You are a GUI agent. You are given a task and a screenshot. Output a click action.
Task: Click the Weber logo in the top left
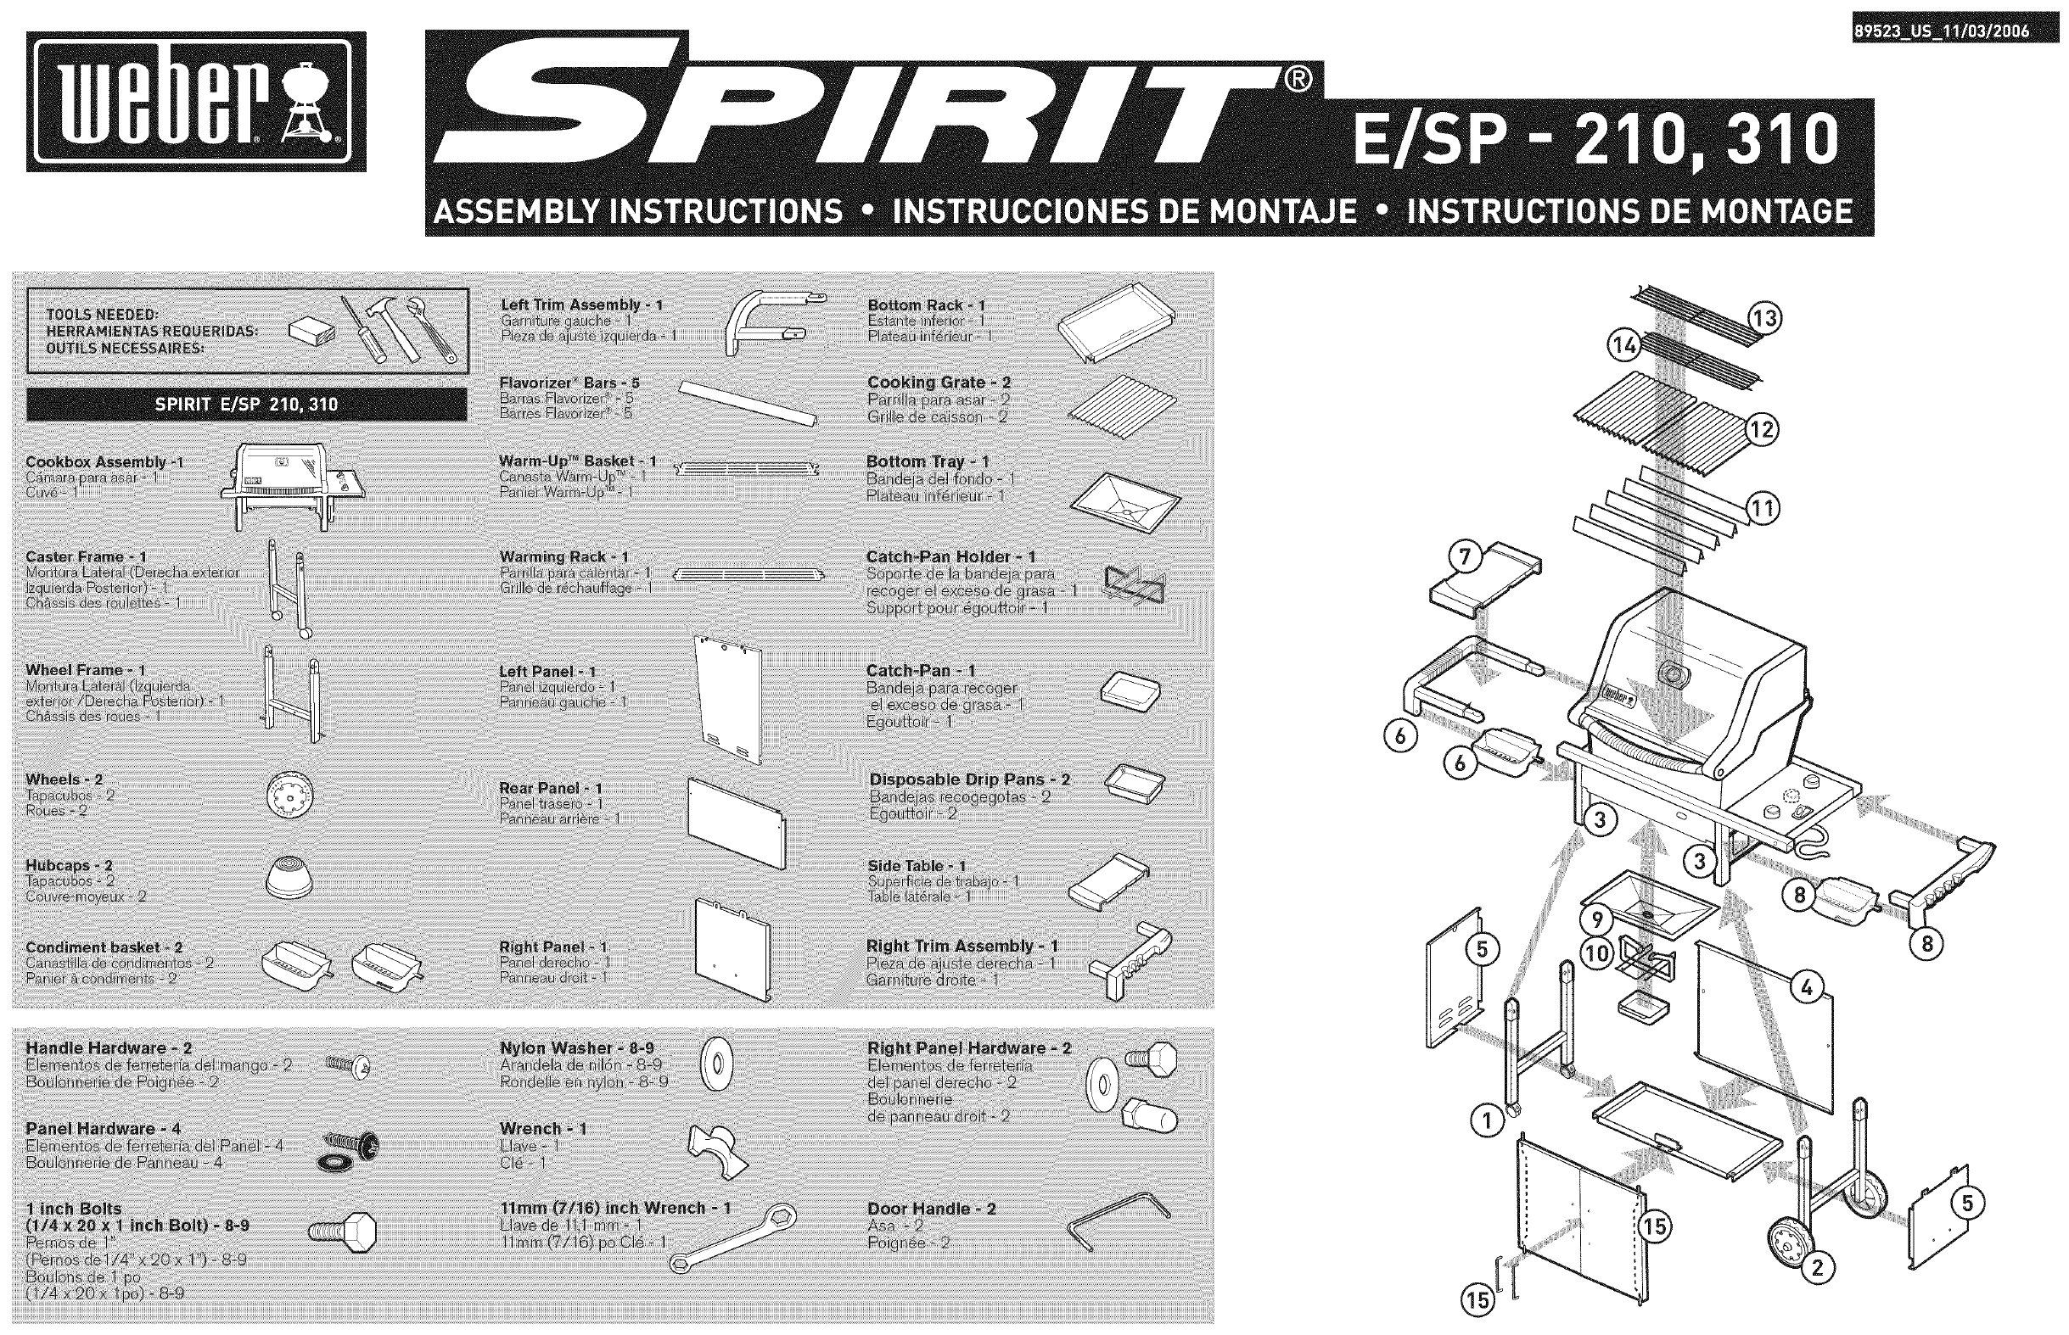196,103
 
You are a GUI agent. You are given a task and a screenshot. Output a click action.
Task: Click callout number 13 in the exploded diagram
1764,319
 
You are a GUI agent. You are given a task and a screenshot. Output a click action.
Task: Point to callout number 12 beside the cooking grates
1761,430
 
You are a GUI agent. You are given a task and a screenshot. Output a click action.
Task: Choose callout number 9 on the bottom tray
1596,919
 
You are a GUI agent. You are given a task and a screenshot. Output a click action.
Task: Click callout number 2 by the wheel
1818,1268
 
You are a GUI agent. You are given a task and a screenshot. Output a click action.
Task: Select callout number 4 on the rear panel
1805,987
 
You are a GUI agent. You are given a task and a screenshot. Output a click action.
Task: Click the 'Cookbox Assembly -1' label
104,462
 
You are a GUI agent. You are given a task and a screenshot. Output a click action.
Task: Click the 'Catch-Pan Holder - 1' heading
950,556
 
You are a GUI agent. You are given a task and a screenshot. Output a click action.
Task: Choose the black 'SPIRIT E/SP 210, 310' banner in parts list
246,404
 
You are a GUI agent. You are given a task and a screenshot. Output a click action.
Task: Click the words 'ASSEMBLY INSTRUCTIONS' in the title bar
637,211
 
